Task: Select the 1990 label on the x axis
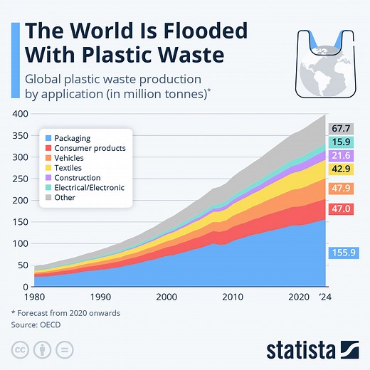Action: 100,297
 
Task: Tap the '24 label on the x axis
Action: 324,297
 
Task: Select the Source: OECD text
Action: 36,324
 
